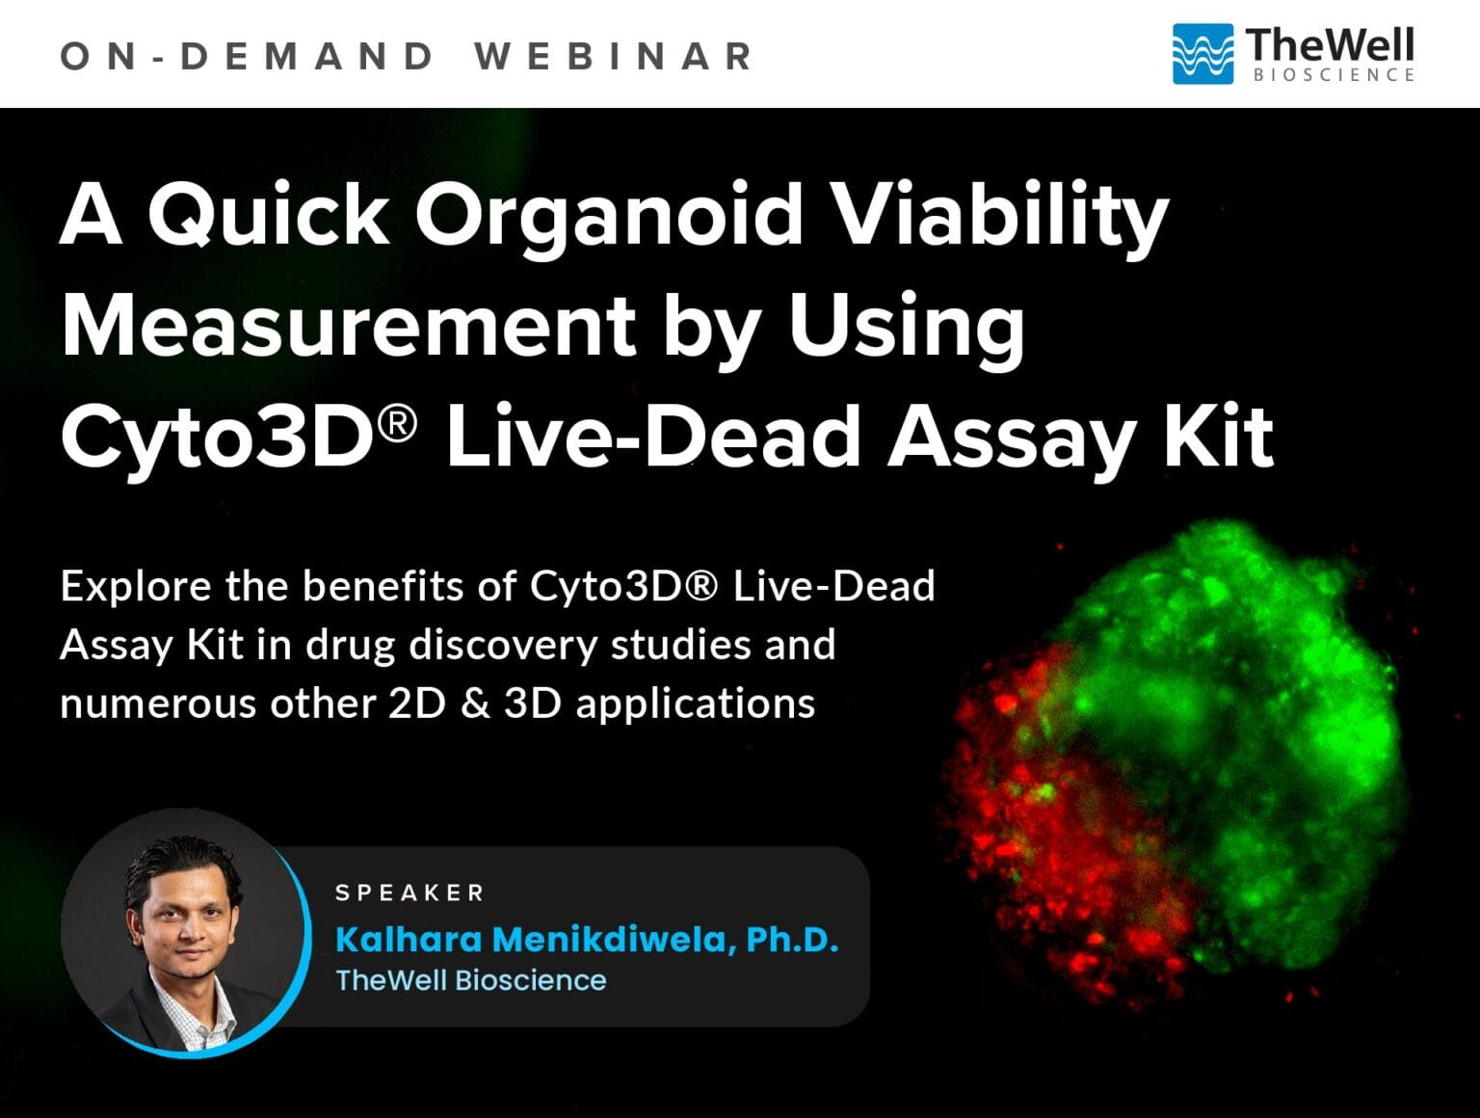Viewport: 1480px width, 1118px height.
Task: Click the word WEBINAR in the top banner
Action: click(614, 56)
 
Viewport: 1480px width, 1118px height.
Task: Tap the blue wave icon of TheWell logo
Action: click(1202, 54)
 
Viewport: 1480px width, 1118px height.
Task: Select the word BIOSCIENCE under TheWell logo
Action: click(1334, 75)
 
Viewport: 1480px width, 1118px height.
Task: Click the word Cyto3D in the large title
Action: click(218, 437)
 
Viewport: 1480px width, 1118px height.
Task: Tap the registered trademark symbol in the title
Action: click(398, 421)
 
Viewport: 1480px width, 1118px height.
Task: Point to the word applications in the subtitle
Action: click(695, 705)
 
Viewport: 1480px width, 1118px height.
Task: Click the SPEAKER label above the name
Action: click(410, 893)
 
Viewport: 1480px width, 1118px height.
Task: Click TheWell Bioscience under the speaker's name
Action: click(471, 980)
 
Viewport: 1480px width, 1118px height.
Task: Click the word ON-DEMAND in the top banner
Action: click(247, 56)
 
